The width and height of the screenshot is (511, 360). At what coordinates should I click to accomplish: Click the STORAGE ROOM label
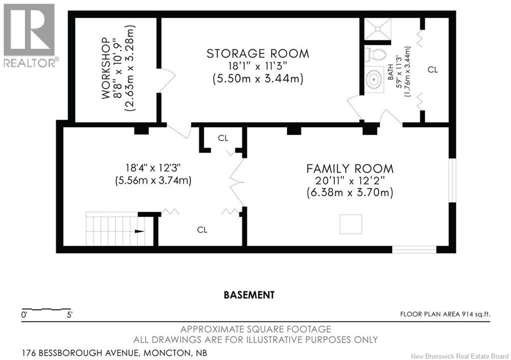258,53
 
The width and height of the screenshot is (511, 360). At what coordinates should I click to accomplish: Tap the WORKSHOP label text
105,68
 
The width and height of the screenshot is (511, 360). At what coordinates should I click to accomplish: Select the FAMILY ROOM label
350,169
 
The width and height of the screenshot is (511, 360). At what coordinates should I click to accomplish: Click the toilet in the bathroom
375,54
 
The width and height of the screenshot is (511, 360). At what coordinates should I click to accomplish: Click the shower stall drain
377,29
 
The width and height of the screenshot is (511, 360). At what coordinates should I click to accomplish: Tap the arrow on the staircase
140,231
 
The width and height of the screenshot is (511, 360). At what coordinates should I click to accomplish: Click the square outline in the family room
351,224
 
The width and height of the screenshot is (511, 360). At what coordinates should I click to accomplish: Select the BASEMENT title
249,295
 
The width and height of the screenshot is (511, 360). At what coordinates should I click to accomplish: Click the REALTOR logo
29,35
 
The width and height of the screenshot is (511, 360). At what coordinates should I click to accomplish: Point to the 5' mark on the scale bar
69,315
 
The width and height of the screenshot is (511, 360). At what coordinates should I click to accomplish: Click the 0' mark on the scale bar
24,315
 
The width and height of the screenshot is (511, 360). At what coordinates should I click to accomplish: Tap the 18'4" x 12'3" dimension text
153,168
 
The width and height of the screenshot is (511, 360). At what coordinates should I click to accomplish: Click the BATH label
390,72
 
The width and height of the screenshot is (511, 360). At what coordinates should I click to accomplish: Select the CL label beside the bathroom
433,70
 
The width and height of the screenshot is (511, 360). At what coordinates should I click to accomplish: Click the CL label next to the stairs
202,230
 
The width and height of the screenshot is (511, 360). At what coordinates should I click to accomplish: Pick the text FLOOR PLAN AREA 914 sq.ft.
445,314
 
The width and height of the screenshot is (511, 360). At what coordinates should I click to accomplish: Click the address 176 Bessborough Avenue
79,353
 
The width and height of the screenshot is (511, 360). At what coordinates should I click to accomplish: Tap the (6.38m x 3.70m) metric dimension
350,192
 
